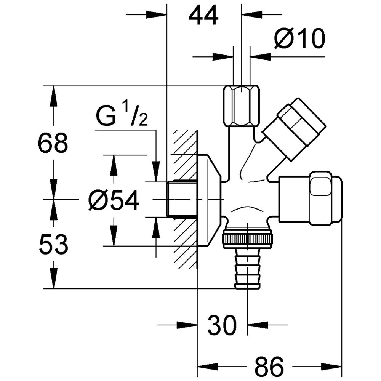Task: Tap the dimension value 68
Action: pos(53,143)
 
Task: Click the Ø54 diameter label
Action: pos(113,200)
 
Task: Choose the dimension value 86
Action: pos(269,366)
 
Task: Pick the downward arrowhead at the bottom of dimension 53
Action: pos(53,282)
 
